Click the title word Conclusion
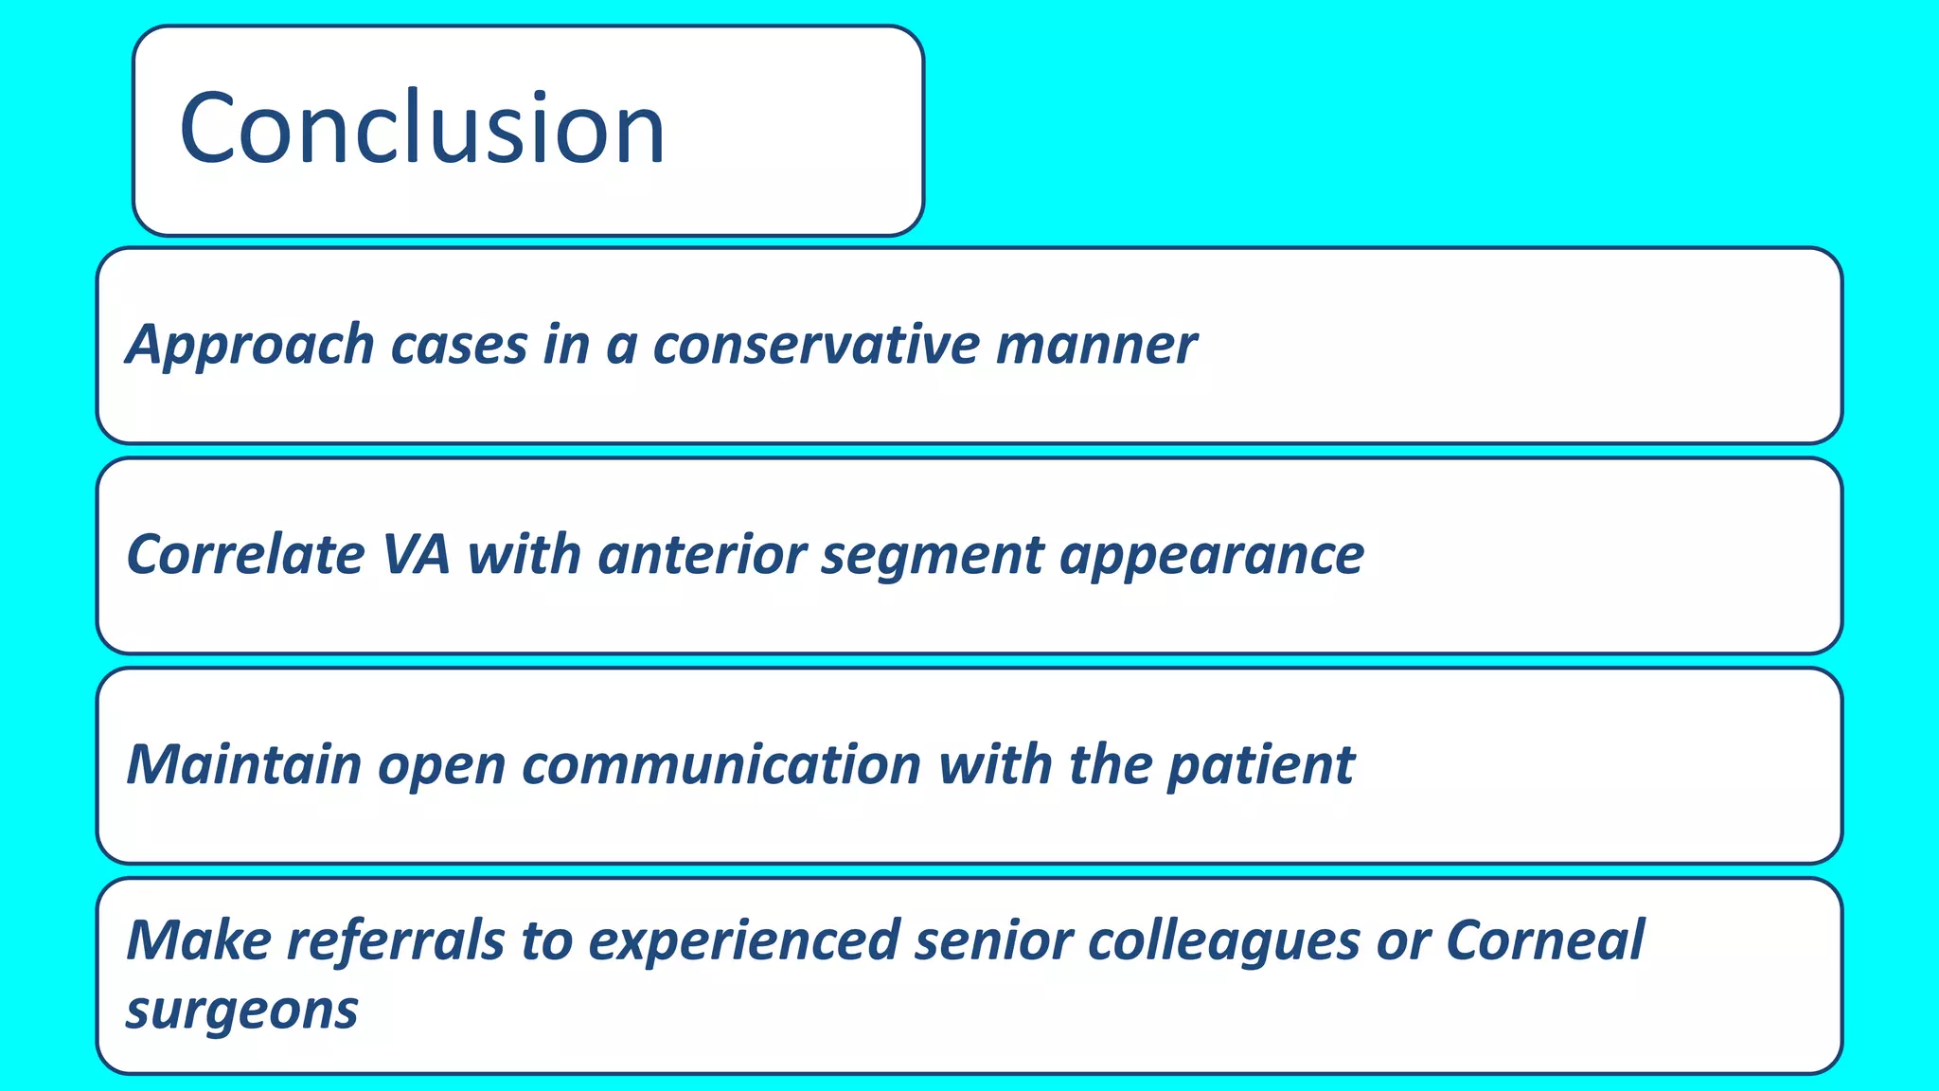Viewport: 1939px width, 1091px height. (x=422, y=128)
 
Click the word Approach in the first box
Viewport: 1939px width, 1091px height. (x=251, y=345)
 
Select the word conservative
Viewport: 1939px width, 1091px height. (x=816, y=345)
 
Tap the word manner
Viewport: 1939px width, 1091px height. (x=1095, y=345)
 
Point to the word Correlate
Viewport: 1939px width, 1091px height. (x=245, y=555)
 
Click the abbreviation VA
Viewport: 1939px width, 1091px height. (x=416, y=555)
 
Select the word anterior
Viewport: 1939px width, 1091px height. (x=702, y=555)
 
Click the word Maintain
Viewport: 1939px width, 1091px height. (x=244, y=765)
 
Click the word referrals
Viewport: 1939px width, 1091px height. (x=396, y=941)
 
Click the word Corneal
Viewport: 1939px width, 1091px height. (x=1544, y=941)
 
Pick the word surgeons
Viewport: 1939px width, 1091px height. (x=241, y=1011)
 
